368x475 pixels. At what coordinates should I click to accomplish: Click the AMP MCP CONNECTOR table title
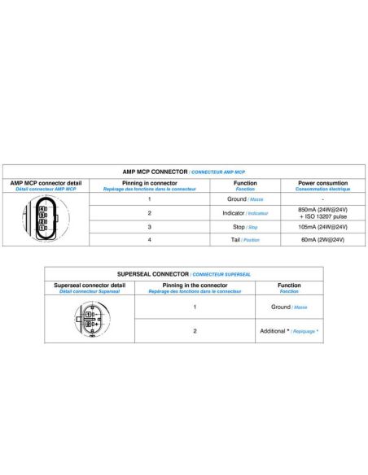[x=183, y=172]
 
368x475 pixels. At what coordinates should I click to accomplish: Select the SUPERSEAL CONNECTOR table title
[x=183, y=275]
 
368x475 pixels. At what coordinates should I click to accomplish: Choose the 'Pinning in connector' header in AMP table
[x=149, y=185]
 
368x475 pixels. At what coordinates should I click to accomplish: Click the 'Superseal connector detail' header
[x=90, y=287]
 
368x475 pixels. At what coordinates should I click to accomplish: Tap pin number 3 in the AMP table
[x=149, y=227]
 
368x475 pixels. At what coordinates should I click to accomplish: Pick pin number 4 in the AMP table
[x=149, y=240]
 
